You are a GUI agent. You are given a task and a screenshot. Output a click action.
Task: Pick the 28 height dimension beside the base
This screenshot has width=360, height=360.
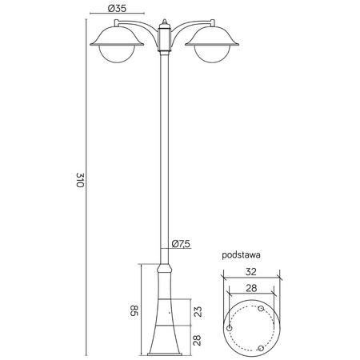[198, 340]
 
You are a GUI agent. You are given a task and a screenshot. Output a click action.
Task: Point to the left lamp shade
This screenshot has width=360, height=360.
[117, 36]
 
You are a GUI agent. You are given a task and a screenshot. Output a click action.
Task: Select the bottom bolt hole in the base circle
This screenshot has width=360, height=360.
[264, 348]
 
